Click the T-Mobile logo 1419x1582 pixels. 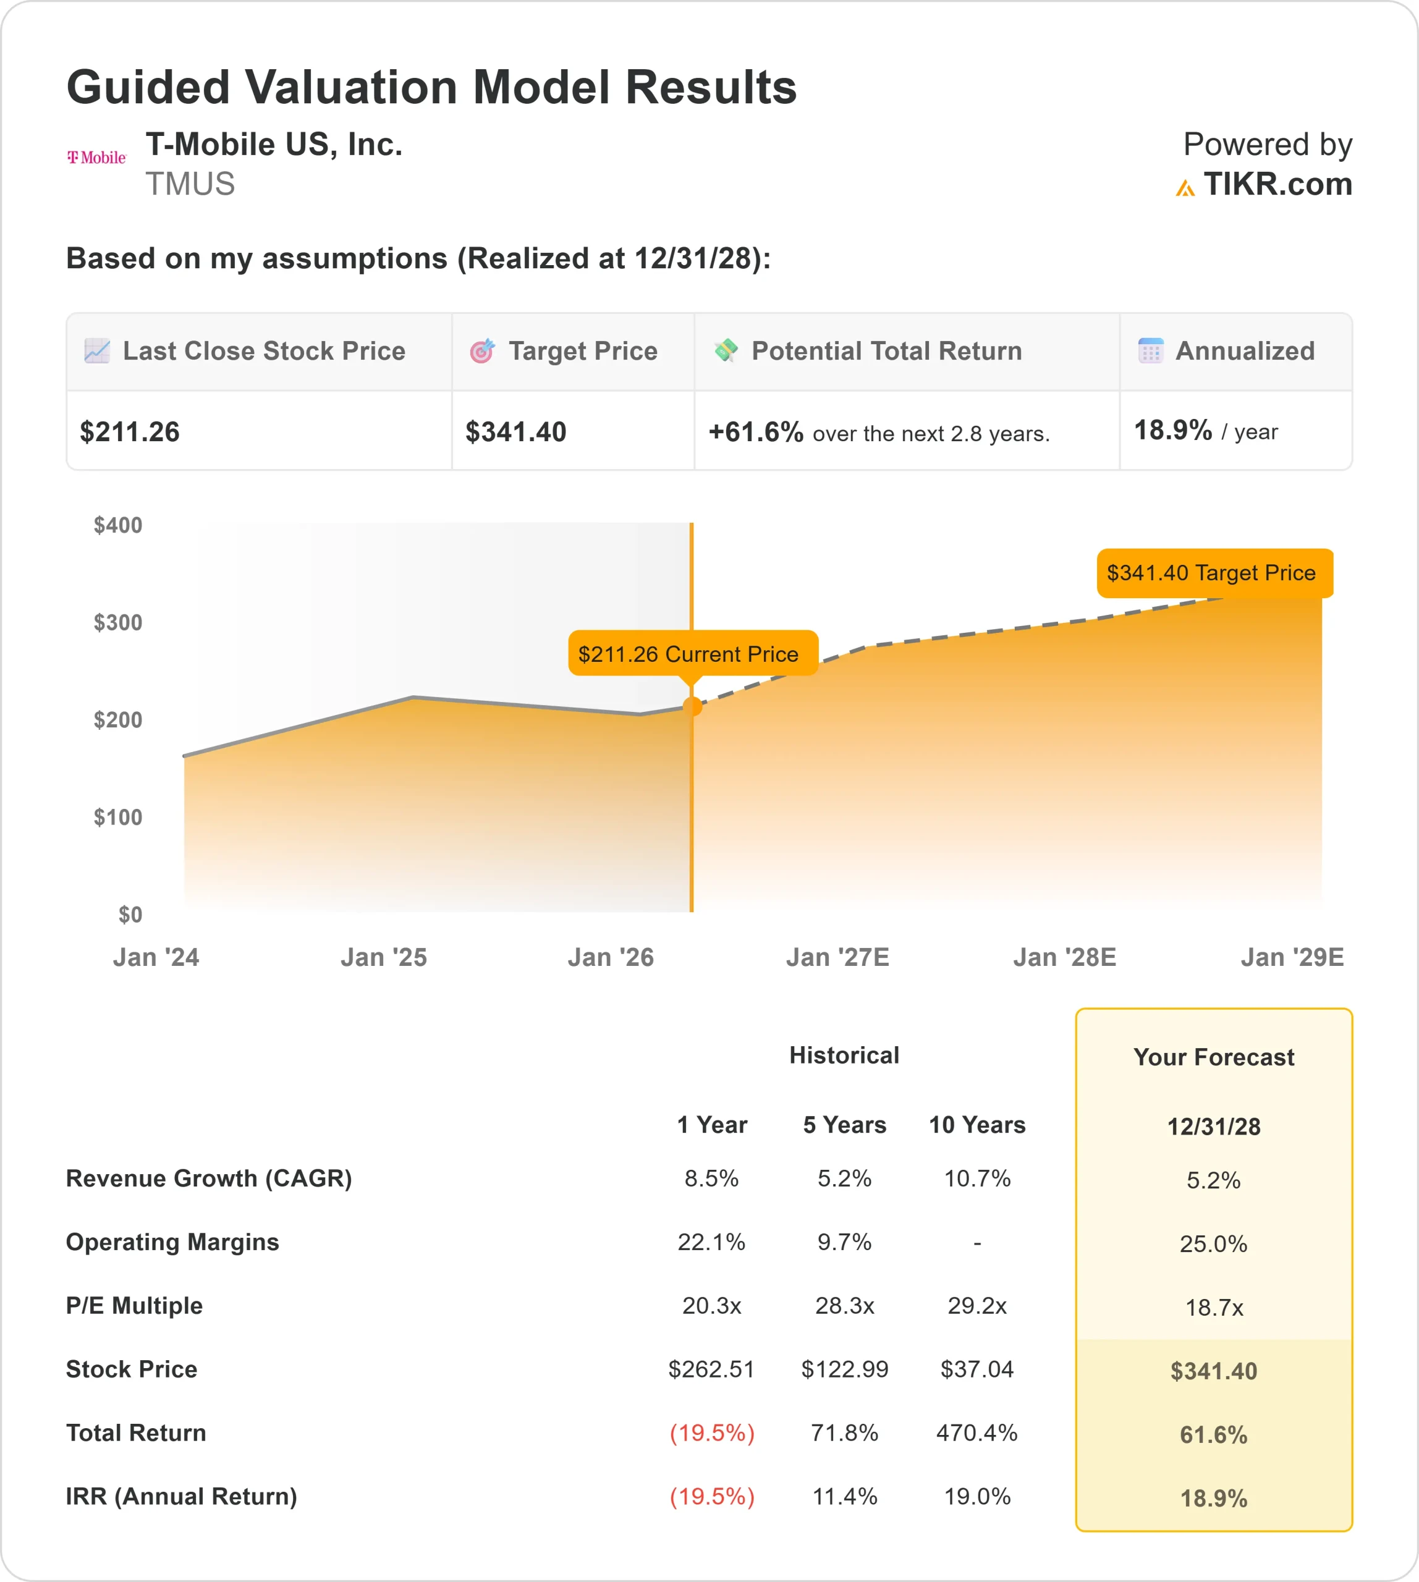[96, 158]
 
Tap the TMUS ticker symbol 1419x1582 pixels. [190, 185]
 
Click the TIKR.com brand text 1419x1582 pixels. [1277, 185]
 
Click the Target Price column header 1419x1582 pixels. [582, 352]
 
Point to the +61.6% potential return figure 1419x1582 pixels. [755, 432]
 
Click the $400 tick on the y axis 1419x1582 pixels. [117, 525]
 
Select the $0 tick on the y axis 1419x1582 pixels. [130, 915]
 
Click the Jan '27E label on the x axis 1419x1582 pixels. [837, 957]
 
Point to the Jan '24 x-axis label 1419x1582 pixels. [156, 957]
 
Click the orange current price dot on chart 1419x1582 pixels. [692, 706]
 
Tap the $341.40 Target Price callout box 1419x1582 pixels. [1214, 573]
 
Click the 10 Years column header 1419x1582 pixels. [977, 1125]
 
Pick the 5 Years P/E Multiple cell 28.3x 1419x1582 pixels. [844, 1306]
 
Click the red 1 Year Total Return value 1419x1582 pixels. [712, 1433]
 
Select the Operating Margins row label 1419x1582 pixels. [172, 1242]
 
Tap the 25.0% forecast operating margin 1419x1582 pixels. [1213, 1243]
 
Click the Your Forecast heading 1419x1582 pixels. [1213, 1057]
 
